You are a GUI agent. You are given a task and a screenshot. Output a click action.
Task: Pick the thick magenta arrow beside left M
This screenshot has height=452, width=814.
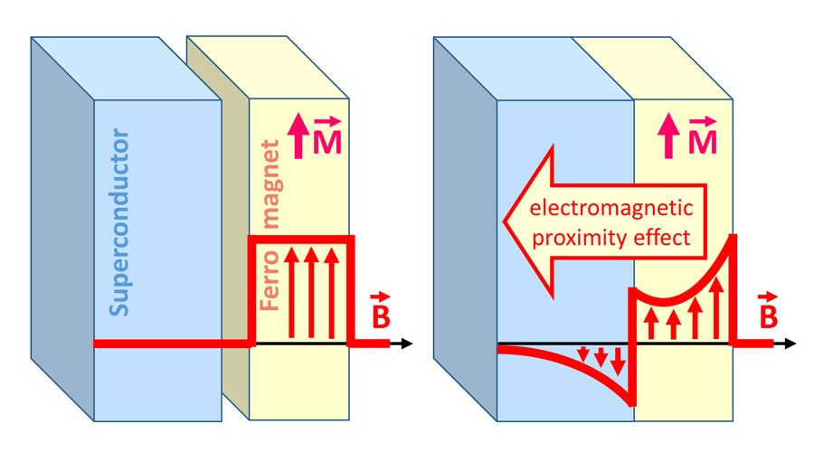pos(298,138)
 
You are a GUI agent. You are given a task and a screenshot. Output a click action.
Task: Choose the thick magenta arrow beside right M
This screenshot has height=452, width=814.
pos(674,138)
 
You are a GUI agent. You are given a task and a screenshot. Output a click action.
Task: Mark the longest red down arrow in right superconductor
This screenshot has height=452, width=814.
pos(618,362)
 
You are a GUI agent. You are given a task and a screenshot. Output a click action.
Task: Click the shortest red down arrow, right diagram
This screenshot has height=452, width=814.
pos(583,353)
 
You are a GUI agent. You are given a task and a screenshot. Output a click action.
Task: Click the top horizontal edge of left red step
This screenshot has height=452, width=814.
pos(302,238)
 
